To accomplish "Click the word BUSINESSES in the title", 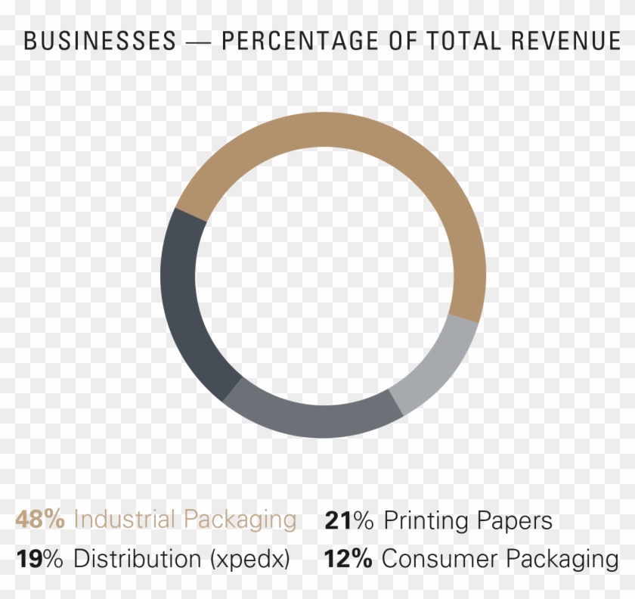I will point(100,42).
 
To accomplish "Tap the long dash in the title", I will point(198,42).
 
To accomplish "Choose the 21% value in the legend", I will point(351,520).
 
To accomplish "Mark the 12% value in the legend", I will point(348,560).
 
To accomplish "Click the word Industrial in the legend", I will point(125,520).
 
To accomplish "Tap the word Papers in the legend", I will point(515,521).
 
